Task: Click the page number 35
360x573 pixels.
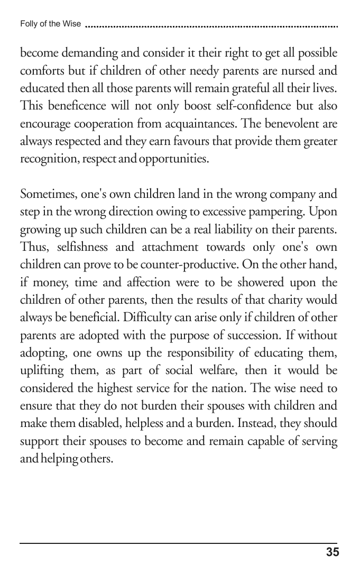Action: click(x=332, y=553)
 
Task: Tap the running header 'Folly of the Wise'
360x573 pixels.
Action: click(x=50, y=24)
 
